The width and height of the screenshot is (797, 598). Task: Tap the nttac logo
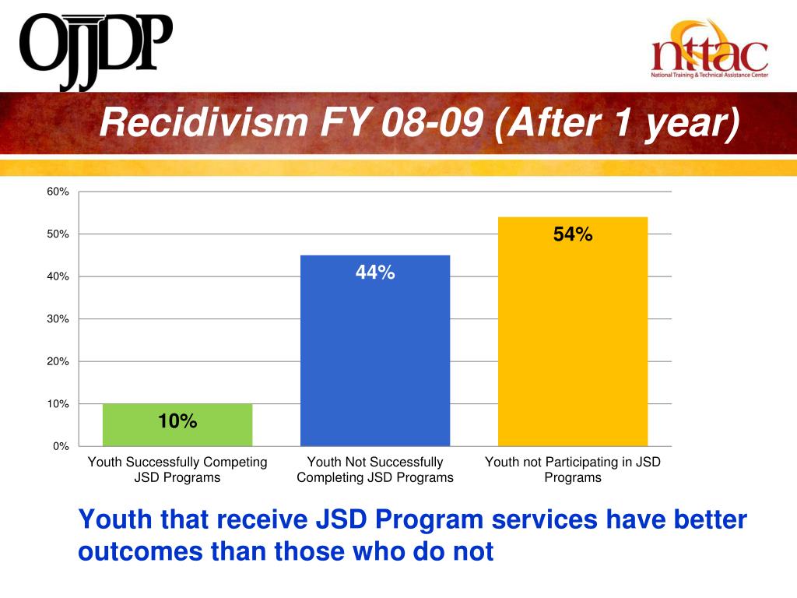pos(709,51)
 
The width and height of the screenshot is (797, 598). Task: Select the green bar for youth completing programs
pos(177,425)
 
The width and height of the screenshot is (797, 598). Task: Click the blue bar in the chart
pos(375,350)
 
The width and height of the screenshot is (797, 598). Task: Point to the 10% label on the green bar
pos(177,421)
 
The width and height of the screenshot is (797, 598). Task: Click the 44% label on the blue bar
pos(375,273)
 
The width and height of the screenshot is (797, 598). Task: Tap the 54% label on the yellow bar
pos(573,234)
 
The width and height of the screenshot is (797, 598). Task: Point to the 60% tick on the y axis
pos(58,192)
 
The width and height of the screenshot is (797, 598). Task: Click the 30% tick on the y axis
pos(58,319)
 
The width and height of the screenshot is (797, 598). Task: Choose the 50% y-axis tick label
pos(58,234)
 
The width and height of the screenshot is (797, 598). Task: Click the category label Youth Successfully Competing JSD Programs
pos(177,470)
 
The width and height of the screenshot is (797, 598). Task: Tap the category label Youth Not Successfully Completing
pos(375,470)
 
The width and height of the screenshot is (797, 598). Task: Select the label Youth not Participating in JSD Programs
pos(573,470)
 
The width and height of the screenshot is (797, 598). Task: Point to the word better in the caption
pos(704,519)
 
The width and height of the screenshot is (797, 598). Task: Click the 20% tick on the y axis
pos(58,361)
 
